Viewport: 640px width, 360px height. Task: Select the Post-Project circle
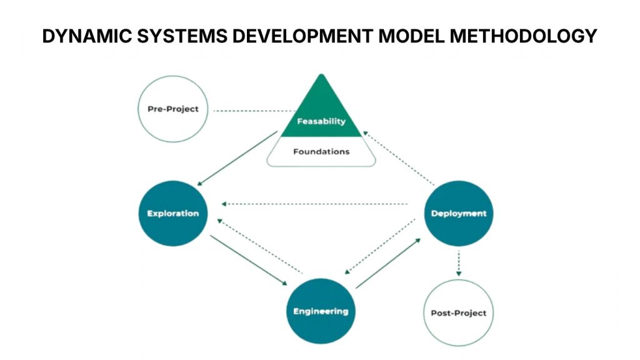[458, 312]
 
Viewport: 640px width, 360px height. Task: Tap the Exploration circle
[173, 213]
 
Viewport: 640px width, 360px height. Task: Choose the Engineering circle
[321, 311]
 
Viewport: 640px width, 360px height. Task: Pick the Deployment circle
[458, 213]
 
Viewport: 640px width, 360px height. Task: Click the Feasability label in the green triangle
[321, 121]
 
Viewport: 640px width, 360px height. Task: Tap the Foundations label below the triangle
[321, 151]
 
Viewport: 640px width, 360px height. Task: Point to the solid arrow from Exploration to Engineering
[249, 259]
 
